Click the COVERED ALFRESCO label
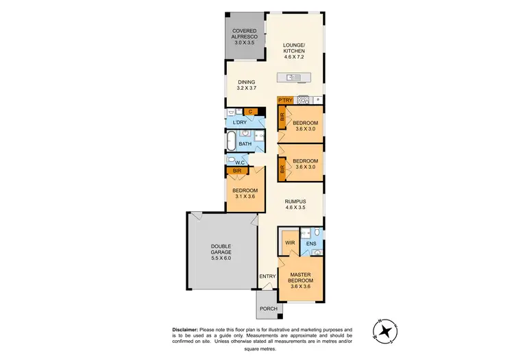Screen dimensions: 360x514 [x=245, y=34]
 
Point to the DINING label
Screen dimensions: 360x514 [x=245, y=82]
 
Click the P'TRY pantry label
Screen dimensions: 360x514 [x=285, y=100]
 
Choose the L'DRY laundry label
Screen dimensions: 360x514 [x=239, y=123]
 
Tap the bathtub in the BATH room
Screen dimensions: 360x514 [x=234, y=142]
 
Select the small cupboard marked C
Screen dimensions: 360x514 [x=251, y=111]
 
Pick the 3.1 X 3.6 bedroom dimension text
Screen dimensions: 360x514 [x=245, y=197]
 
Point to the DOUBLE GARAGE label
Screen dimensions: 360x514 [x=221, y=250]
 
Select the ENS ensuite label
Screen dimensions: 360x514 [x=310, y=243]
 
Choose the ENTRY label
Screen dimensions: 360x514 [x=267, y=276]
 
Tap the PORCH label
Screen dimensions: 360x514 [x=268, y=309]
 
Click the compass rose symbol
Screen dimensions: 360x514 [x=386, y=331]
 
